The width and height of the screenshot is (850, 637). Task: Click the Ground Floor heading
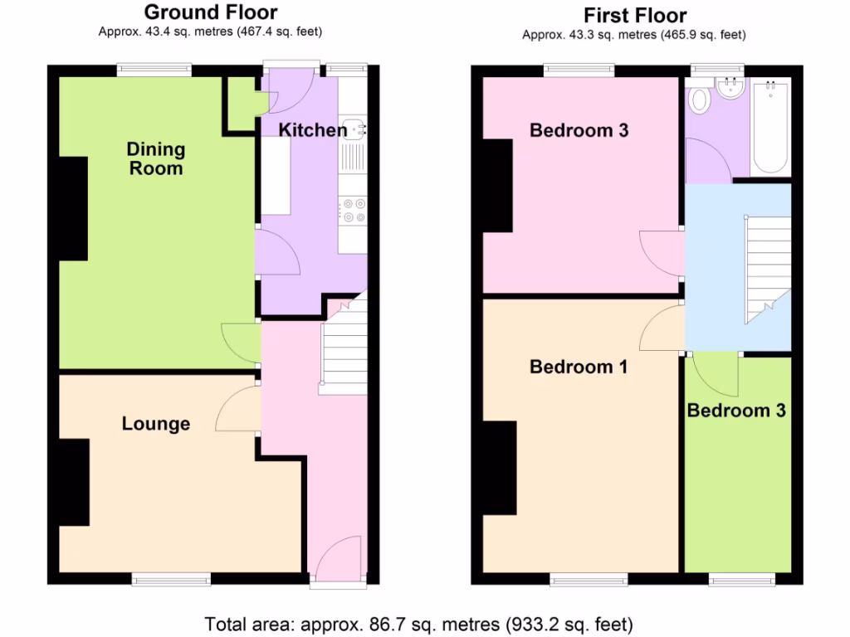click(210, 12)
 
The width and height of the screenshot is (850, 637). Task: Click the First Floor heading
click(634, 15)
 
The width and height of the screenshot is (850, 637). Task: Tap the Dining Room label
click(155, 158)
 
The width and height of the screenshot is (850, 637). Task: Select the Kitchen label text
click(312, 130)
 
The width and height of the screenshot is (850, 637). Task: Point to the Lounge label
click(156, 424)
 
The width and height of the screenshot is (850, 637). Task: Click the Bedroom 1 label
click(579, 367)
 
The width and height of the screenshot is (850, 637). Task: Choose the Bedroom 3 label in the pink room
click(579, 130)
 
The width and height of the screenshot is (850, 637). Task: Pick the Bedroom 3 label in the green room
click(735, 411)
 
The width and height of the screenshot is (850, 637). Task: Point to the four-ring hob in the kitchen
click(353, 212)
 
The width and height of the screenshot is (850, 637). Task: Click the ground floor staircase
click(343, 348)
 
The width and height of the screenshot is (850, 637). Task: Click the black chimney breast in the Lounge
click(74, 482)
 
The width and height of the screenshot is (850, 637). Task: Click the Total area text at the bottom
click(419, 623)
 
